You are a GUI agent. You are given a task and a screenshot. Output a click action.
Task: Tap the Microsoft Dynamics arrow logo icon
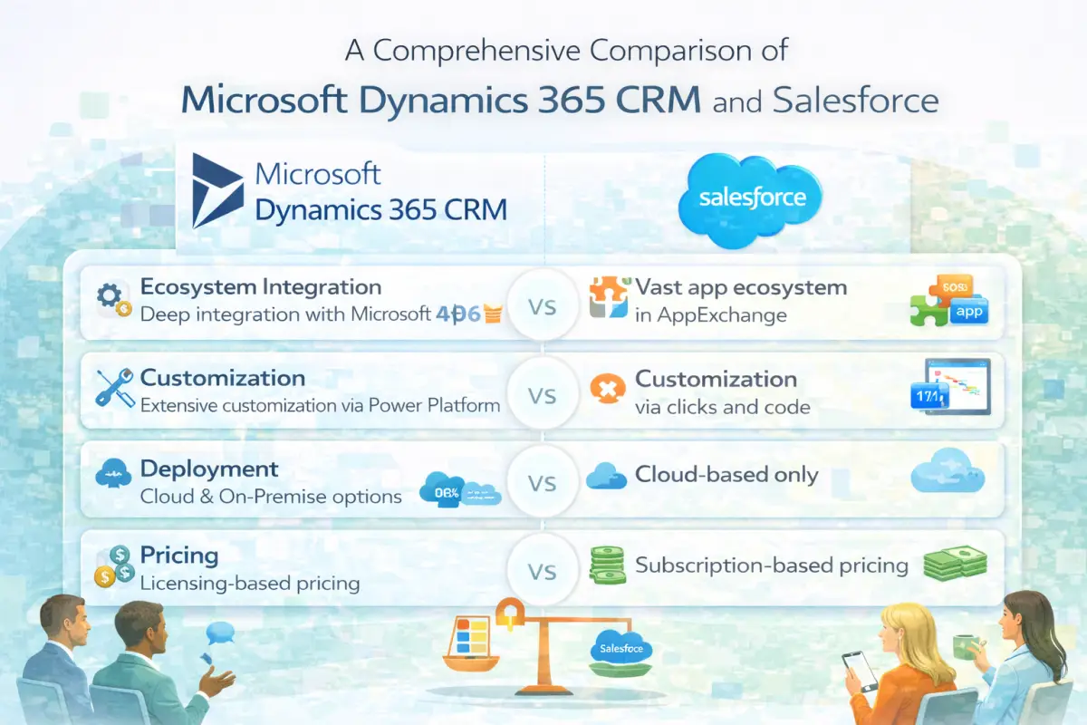pos(217,190)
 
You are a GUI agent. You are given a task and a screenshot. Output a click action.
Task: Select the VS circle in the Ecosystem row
pos(542,306)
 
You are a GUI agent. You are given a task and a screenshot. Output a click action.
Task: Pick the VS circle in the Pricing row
pos(542,571)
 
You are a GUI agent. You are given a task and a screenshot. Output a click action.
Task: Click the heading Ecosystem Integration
pos(261,288)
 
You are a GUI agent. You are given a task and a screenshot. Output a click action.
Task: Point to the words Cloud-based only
pos(726,474)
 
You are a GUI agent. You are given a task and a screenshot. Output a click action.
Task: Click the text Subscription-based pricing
pos(771,565)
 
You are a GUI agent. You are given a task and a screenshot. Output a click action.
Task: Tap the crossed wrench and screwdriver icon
pos(115,389)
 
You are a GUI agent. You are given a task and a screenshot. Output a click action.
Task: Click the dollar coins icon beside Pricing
pos(114,565)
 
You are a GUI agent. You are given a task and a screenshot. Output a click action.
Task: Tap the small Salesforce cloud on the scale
pos(620,649)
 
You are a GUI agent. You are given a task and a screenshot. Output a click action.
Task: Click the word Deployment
pos(209,469)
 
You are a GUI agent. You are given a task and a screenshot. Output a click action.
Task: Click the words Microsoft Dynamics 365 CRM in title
pos(440,100)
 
